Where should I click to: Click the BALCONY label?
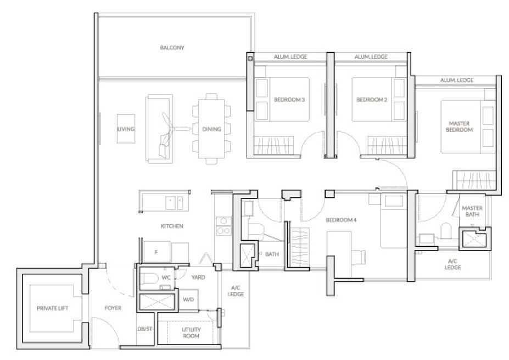click(172, 47)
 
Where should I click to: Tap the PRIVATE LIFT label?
click(53, 308)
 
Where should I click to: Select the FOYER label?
click(113, 308)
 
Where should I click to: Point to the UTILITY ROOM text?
click(191, 333)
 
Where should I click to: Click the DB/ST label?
click(144, 329)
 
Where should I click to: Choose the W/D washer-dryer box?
click(188, 299)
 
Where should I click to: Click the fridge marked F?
click(156, 252)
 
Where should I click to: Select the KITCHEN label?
click(172, 226)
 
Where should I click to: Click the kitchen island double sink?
click(174, 203)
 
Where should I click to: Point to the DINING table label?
click(211, 129)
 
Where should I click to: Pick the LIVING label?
click(126, 129)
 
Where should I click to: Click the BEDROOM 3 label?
click(289, 99)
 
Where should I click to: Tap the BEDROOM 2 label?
click(372, 99)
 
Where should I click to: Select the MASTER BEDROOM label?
click(459, 126)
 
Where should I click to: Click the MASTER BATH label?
click(472, 211)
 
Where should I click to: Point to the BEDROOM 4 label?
click(341, 220)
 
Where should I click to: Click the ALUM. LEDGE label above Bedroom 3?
click(290, 57)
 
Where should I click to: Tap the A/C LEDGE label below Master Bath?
click(452, 264)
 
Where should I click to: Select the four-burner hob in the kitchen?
click(223, 226)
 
